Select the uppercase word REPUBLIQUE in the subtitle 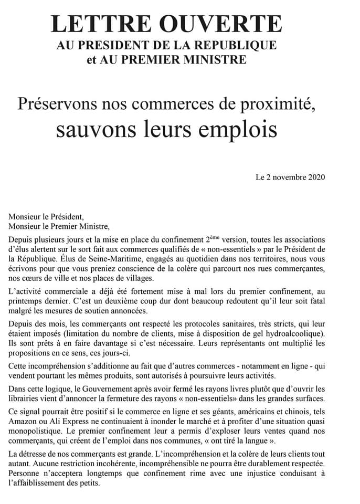point(237,46)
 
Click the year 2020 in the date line point(315,177)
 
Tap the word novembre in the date point(286,177)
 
